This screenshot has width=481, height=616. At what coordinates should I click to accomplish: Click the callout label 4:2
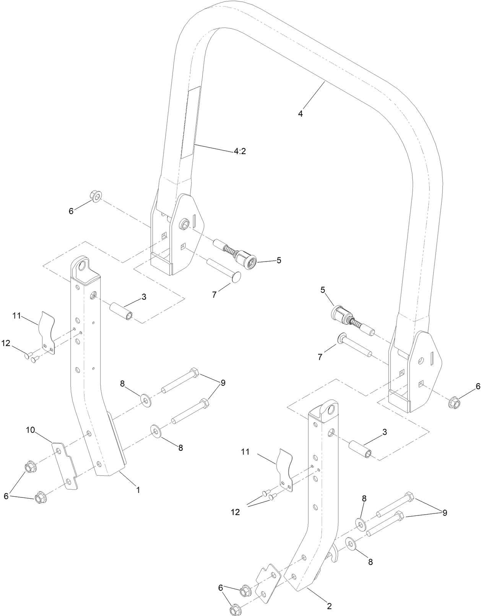pyautogui.click(x=240, y=151)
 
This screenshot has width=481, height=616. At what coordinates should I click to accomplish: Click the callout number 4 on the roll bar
pyautogui.click(x=301, y=114)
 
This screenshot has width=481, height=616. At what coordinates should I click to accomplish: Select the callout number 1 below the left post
pyautogui.click(x=138, y=489)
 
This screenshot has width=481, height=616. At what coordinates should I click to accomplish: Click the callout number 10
pyautogui.click(x=31, y=430)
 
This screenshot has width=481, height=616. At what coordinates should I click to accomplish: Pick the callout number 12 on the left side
pyautogui.click(x=6, y=343)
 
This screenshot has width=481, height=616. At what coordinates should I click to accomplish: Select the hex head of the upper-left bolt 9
pyautogui.click(x=193, y=372)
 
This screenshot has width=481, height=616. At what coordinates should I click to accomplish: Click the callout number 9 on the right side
pyautogui.click(x=445, y=513)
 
